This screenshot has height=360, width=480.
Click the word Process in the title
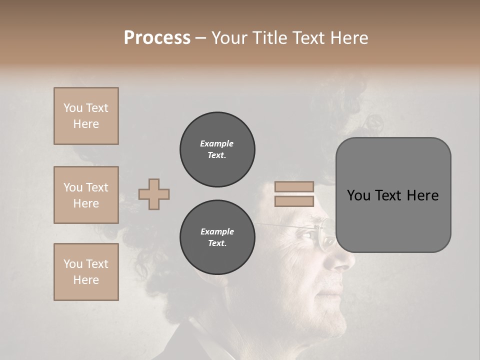point(157,38)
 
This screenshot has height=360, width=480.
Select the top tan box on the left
point(86,116)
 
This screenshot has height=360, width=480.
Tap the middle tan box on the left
point(86,195)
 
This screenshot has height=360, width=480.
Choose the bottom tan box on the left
point(86,272)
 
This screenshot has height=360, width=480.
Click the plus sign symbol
point(154,194)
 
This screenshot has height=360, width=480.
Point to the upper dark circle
point(217,149)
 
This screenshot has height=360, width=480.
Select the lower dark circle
point(217,237)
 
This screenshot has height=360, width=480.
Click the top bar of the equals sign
point(294,186)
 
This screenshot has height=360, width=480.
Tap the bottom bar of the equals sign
point(294,201)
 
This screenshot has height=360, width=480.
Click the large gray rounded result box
point(393,195)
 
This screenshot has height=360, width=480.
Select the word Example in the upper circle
point(217,143)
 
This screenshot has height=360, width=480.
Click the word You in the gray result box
point(359,195)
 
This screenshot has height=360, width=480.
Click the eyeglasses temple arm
point(280,226)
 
